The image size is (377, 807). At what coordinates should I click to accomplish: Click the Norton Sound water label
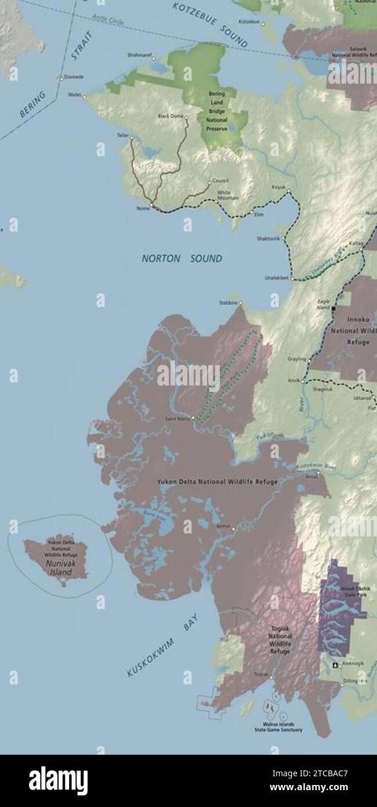(182, 258)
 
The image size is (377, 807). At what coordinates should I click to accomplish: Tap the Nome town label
(142, 208)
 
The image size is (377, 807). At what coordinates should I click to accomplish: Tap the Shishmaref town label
(139, 56)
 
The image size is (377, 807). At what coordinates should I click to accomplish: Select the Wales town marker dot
(85, 96)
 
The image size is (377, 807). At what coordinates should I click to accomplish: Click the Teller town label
(122, 135)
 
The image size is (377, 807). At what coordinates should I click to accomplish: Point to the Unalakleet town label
(277, 278)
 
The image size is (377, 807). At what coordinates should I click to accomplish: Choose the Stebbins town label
(228, 302)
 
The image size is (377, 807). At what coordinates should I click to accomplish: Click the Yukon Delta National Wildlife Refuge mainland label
(217, 482)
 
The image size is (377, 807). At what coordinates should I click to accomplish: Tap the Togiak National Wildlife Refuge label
(280, 640)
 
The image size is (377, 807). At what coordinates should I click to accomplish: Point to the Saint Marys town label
(177, 418)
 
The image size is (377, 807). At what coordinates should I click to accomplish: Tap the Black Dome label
(171, 116)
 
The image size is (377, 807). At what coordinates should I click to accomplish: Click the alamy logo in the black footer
(58, 781)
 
